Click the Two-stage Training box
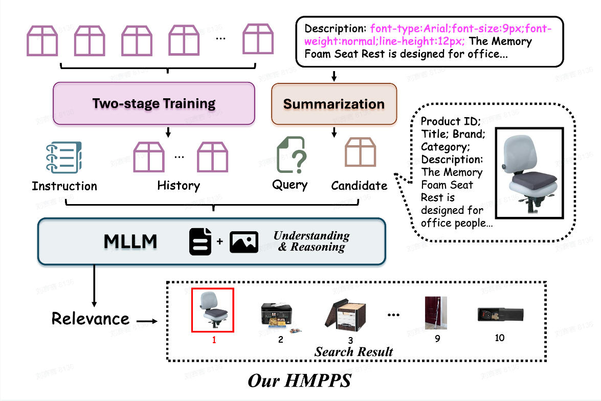pyautogui.click(x=154, y=103)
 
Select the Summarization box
pyautogui.click(x=333, y=104)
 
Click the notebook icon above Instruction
pyautogui.click(x=64, y=158)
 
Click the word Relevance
pyautogui.click(x=91, y=319)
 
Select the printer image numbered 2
pyautogui.click(x=277, y=317)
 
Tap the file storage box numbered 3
pyautogui.click(x=346, y=314)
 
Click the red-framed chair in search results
pyautogui.click(x=213, y=309)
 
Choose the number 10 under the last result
pyautogui.click(x=499, y=338)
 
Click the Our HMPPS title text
pyautogui.click(x=299, y=381)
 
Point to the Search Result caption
pyautogui.click(x=353, y=352)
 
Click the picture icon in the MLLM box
pyautogui.click(x=243, y=242)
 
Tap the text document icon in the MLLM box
pyautogui.click(x=200, y=242)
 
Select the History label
pyautogui.click(x=179, y=185)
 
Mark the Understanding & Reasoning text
pyautogui.click(x=311, y=241)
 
